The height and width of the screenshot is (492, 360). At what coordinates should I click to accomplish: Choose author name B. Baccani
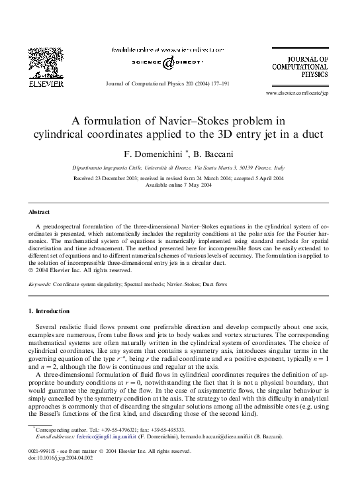pos(216,154)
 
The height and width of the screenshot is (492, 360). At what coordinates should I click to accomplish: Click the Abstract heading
pos(39,212)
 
